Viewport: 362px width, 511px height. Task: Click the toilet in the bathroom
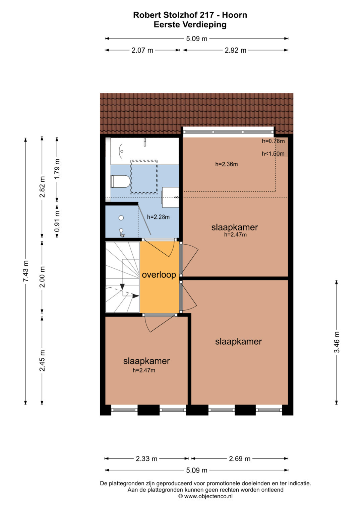(x=120, y=182)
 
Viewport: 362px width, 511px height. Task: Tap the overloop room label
(x=159, y=275)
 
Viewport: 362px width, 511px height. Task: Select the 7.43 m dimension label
(x=25, y=271)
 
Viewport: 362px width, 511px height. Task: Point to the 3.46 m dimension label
(x=337, y=342)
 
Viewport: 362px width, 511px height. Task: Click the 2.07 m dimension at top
(x=142, y=50)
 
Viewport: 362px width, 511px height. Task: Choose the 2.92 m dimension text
(x=235, y=50)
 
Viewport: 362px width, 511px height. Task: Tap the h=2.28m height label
(x=158, y=217)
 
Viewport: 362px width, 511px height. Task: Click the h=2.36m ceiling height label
(x=227, y=164)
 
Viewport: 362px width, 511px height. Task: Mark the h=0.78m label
(x=273, y=141)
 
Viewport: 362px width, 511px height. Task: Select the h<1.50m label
(x=273, y=154)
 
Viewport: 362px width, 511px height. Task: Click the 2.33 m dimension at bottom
(x=146, y=458)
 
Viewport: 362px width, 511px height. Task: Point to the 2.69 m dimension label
(x=240, y=458)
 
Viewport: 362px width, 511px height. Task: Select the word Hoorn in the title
(x=235, y=15)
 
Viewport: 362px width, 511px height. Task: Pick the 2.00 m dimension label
(x=42, y=277)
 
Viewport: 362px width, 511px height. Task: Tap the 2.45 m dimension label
(x=42, y=360)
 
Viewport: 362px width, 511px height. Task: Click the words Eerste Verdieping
(x=190, y=25)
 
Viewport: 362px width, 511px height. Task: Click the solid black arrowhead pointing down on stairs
(x=122, y=286)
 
